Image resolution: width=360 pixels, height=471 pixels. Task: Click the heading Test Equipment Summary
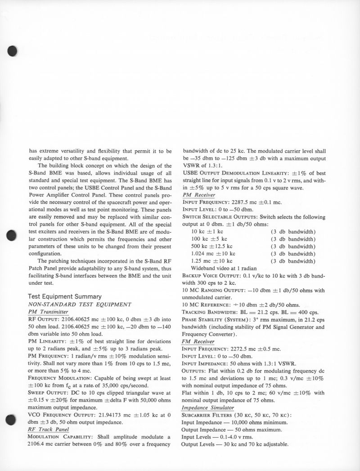click(64, 296)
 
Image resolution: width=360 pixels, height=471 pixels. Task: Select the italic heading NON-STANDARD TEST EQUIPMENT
click(73, 304)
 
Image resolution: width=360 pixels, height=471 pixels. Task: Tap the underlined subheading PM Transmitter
click(48, 311)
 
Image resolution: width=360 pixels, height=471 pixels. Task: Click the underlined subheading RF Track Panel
click(48, 429)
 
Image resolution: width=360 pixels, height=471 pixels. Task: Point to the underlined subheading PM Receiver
click(198, 194)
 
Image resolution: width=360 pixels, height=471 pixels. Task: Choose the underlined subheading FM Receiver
click(198, 341)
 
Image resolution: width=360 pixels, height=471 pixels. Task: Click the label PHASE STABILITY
click(204, 319)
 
